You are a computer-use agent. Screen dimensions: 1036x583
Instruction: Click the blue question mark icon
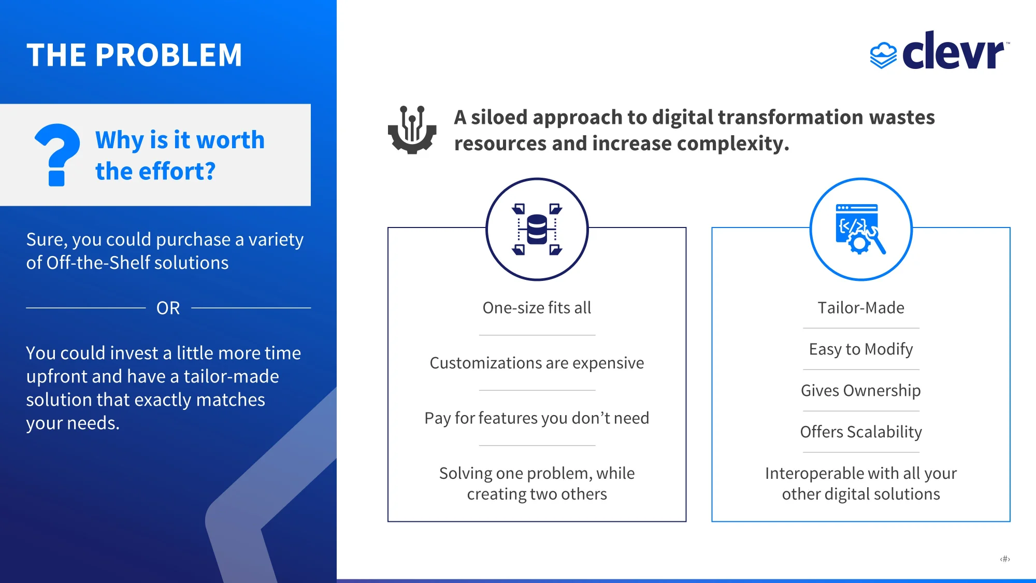[57, 154]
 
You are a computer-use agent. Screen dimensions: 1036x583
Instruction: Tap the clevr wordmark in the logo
[954, 50]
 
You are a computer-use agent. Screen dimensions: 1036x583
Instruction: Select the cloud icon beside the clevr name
[883, 55]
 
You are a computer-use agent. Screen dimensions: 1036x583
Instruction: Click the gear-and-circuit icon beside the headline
[412, 130]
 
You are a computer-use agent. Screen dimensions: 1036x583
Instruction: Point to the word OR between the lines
[168, 308]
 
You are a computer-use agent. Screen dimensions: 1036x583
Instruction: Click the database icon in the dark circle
[537, 229]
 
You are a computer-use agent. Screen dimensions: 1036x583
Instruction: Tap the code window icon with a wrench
[860, 229]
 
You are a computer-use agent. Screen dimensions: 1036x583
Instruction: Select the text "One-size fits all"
[537, 308]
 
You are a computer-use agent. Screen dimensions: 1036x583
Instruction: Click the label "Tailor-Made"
[861, 308]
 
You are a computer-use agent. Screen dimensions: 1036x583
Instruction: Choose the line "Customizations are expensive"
[537, 363]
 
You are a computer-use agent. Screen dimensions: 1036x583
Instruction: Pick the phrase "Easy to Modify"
[861, 349]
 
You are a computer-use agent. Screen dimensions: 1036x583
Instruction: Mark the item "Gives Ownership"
[861, 391]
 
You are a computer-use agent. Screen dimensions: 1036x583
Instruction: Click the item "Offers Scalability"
[861, 432]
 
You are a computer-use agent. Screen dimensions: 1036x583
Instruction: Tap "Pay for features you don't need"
[537, 418]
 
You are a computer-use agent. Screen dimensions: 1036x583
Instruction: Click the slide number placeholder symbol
[1005, 559]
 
